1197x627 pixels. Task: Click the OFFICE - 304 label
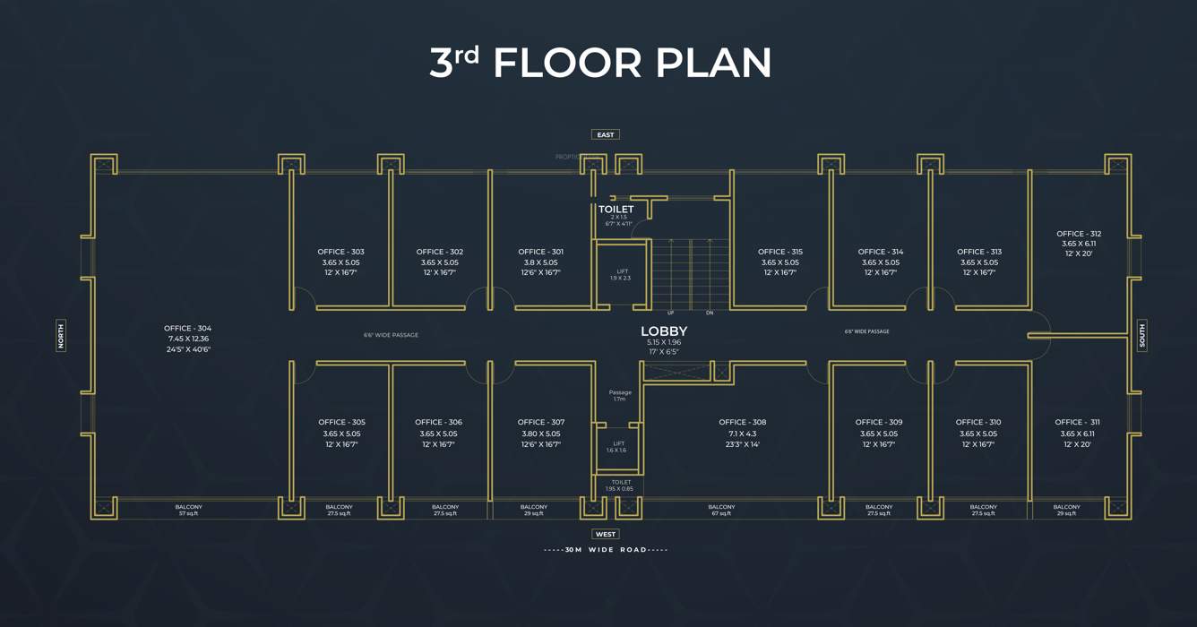click(x=188, y=329)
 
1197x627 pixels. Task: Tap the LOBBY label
click(x=664, y=331)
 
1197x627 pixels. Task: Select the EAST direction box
click(x=606, y=134)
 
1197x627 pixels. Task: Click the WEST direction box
click(x=606, y=534)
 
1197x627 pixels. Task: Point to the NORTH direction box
click(x=61, y=336)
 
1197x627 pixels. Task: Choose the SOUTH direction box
click(x=1142, y=336)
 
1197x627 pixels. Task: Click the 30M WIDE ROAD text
click(x=606, y=550)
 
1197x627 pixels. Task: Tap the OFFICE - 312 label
click(x=1079, y=234)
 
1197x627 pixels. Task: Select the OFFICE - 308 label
click(x=742, y=423)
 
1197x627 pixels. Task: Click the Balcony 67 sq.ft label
click(x=721, y=510)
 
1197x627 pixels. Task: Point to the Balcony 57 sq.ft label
click(x=188, y=510)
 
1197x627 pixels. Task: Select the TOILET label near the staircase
click(x=616, y=210)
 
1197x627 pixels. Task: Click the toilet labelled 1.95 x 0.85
click(x=619, y=485)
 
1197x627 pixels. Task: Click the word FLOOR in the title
click(x=568, y=64)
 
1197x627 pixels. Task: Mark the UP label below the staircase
click(x=670, y=313)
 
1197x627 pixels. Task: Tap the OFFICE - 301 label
click(x=540, y=252)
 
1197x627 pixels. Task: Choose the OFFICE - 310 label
click(x=978, y=423)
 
